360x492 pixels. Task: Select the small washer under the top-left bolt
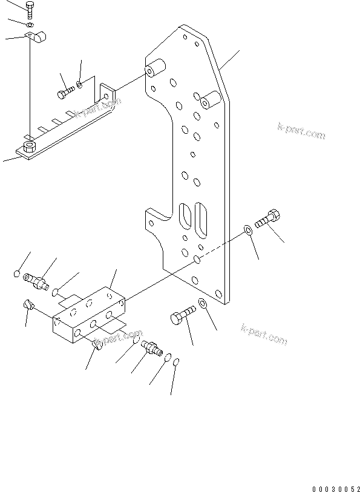click(30, 25)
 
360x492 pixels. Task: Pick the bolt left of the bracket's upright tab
click(66, 93)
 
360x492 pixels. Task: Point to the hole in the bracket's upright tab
click(107, 96)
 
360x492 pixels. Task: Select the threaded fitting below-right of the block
click(151, 347)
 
